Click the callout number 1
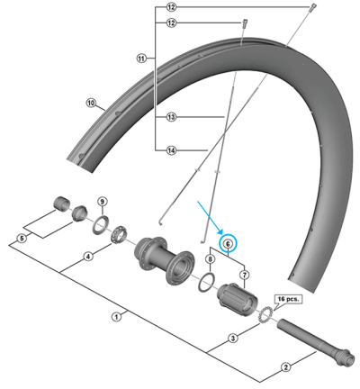(115, 315)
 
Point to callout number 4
(88, 257)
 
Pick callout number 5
(23, 239)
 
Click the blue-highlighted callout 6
(228, 243)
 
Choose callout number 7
(244, 273)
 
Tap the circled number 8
(210, 259)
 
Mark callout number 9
(102, 202)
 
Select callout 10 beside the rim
(91, 104)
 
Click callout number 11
(141, 59)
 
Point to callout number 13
(171, 117)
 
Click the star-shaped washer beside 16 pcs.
(265, 315)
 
